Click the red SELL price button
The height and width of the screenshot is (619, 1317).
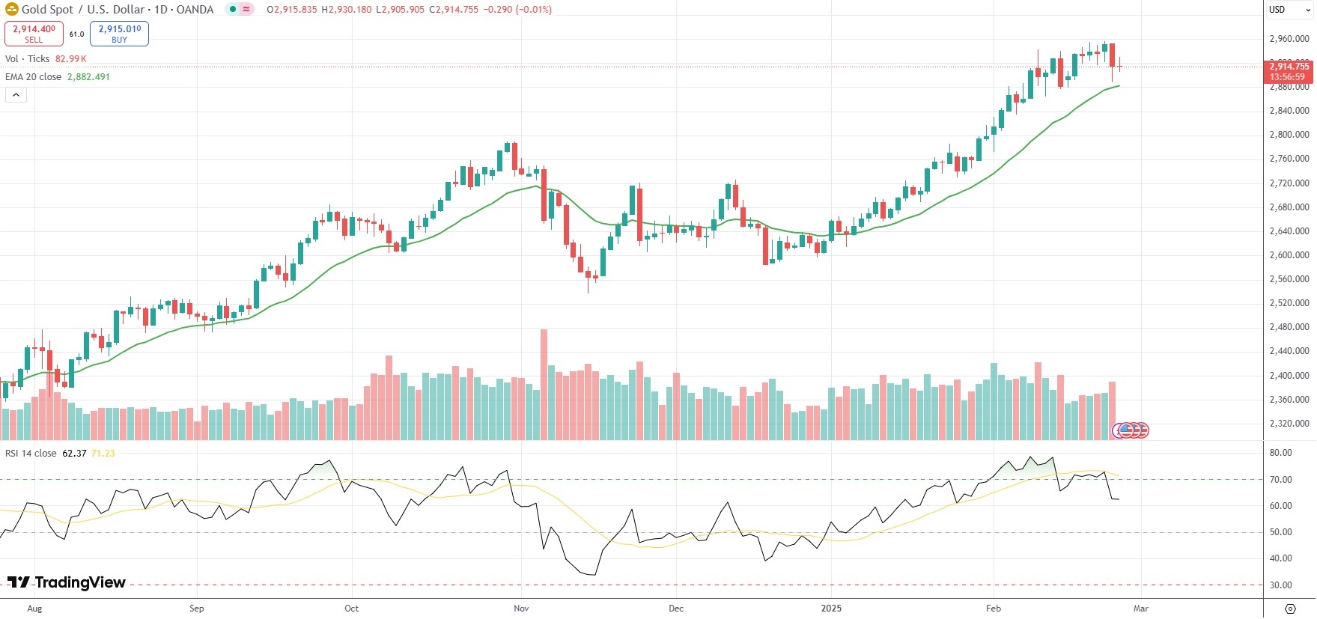click(34, 34)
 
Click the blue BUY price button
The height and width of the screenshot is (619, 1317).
click(119, 34)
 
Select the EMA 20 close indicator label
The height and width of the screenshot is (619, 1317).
click(34, 77)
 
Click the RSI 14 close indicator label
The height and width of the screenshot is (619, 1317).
click(31, 454)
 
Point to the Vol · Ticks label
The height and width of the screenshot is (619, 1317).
click(28, 59)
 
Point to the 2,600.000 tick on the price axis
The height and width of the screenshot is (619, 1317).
click(1289, 255)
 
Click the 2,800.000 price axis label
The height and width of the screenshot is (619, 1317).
click(1289, 135)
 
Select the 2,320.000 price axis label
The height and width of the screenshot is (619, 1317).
click(1289, 424)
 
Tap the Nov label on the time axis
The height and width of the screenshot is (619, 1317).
click(521, 609)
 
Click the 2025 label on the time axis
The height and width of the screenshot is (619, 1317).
click(831, 609)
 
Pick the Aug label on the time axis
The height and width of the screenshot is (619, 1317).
click(34, 609)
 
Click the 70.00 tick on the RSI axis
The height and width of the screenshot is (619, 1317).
click(1280, 480)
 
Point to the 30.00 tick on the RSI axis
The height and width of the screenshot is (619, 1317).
click(1280, 585)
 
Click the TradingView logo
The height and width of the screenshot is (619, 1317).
click(67, 582)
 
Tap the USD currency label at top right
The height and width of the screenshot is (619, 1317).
click(1277, 10)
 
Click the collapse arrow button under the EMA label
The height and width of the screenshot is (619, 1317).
click(16, 95)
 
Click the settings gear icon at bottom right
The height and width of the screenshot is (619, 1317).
click(1289, 609)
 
